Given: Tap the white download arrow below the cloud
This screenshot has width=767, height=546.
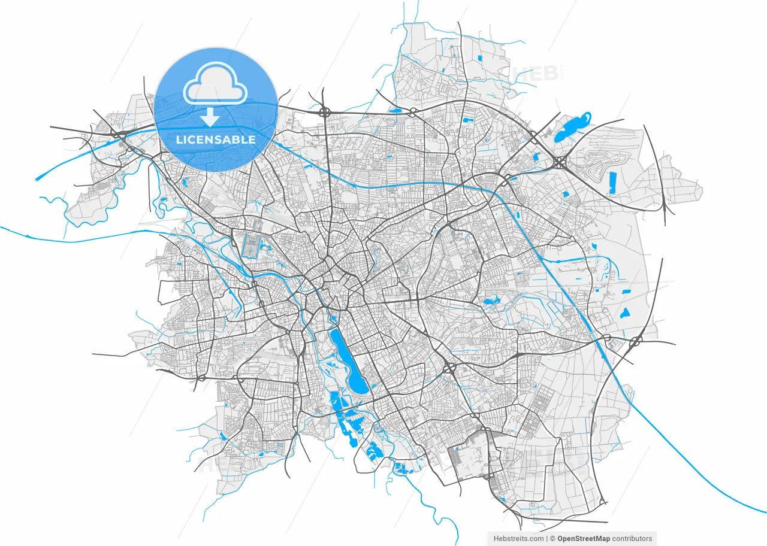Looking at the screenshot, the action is tap(209, 117).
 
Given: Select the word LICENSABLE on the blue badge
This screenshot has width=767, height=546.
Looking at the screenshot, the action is tap(216, 140).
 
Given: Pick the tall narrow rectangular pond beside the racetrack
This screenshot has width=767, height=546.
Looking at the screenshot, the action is tap(612, 183).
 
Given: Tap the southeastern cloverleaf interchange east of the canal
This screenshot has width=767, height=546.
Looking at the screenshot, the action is tap(635, 342).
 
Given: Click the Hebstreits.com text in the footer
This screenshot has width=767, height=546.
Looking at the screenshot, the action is tap(519, 539).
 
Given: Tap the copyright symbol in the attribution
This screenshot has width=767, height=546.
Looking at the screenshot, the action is tap(552, 539).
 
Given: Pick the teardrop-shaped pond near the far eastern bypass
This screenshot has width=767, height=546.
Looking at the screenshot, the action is tap(625, 312).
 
